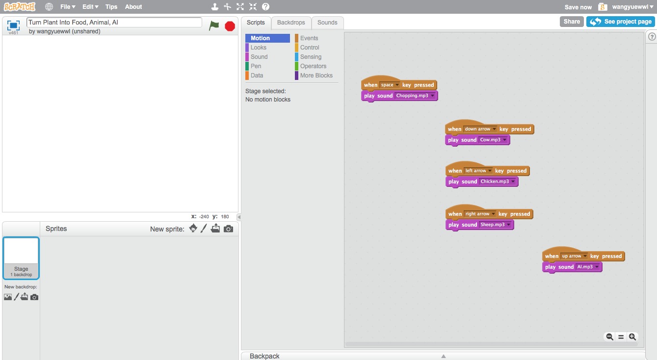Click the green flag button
[x=214, y=26]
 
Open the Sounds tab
[x=327, y=23]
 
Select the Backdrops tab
[x=291, y=23]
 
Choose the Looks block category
[x=259, y=48]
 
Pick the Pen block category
[x=256, y=66]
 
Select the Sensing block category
[x=311, y=57]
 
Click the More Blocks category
[x=316, y=76]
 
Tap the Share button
[x=572, y=22]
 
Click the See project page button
[x=621, y=22]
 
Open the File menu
[x=67, y=7]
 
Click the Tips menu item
[x=111, y=7]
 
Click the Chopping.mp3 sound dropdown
[x=415, y=96]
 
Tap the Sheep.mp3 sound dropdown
[x=496, y=225]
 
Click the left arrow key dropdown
[x=478, y=171]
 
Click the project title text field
[x=114, y=23]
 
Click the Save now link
[x=578, y=7]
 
